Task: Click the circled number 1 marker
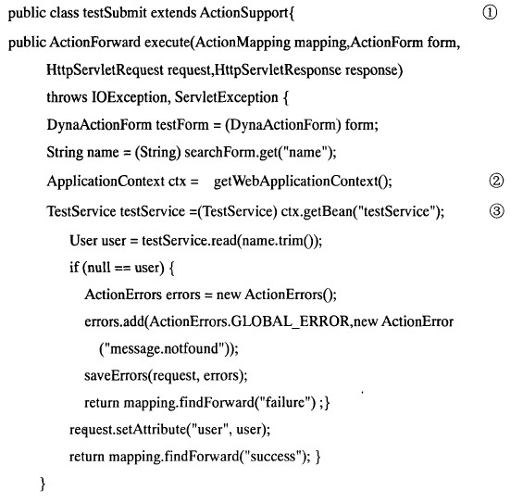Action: (490, 13)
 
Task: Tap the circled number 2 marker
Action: (496, 181)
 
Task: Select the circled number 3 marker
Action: (497, 211)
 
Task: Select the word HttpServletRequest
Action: (105, 70)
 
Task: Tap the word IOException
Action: (130, 98)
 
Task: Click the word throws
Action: (67, 98)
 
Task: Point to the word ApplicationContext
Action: (106, 182)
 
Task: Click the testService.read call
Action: (189, 241)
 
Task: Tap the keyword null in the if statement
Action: (99, 268)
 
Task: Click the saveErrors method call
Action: (116, 376)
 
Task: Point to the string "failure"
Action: (284, 403)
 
